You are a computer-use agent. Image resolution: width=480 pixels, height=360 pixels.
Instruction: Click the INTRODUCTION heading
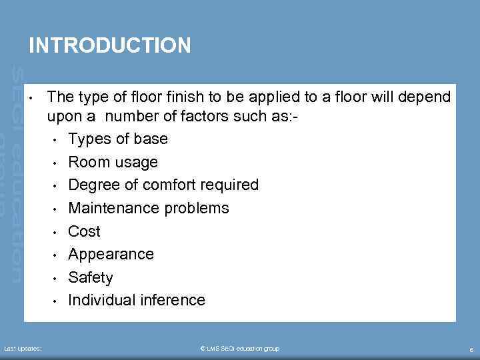tap(110, 45)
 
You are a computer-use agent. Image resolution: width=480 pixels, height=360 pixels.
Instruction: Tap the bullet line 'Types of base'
tap(118, 139)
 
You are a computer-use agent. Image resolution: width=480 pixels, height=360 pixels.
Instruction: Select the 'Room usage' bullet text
tap(113, 162)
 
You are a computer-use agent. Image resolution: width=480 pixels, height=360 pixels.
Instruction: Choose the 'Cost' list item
tap(85, 231)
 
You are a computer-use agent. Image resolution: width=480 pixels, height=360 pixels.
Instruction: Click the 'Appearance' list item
tap(111, 254)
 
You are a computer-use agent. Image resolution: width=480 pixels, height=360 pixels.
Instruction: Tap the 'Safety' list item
tap(91, 277)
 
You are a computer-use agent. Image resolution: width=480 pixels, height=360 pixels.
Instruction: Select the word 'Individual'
tap(101, 300)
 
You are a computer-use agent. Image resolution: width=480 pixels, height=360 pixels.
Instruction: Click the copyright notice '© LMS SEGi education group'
tap(240, 349)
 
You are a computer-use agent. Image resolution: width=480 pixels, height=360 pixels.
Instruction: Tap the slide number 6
tap(471, 349)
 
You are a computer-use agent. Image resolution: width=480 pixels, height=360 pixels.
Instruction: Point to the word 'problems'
tap(198, 208)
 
